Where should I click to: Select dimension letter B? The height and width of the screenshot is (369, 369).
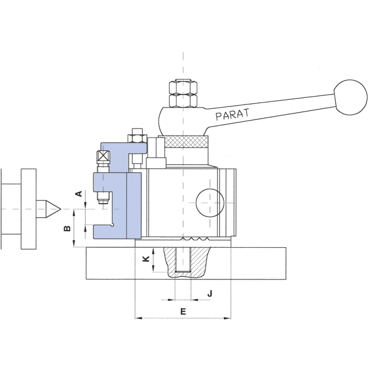[67, 228]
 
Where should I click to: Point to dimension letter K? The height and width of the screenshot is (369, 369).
[146, 259]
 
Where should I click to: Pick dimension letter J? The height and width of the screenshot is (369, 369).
[210, 294]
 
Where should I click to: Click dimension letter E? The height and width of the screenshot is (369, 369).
[183, 311]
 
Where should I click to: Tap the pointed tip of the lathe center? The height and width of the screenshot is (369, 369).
[59, 209]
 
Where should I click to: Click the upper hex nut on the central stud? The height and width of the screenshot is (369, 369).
[183, 86]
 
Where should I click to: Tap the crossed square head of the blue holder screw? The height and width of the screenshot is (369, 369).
[104, 158]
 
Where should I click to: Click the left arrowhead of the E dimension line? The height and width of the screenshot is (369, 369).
[137, 318]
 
